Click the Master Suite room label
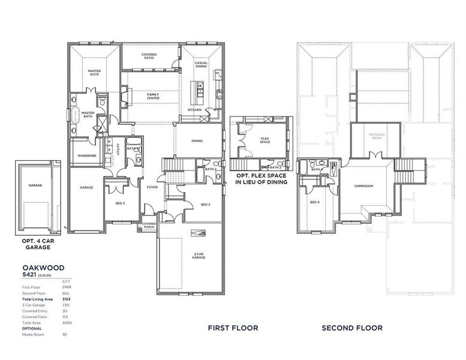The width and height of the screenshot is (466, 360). coord(94,73)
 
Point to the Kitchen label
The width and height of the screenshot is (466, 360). coord(194,110)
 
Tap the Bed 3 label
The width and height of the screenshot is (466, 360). coord(120,203)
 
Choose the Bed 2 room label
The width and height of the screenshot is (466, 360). coord(205,204)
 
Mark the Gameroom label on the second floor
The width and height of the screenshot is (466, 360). coord(363,186)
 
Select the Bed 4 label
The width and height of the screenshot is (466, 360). coord(314,202)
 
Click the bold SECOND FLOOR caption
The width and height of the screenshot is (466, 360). coord(352,328)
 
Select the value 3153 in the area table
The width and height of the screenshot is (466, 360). coord(67,298)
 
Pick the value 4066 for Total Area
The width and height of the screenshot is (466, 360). coord(67,323)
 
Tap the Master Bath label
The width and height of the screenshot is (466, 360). coord(88,113)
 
